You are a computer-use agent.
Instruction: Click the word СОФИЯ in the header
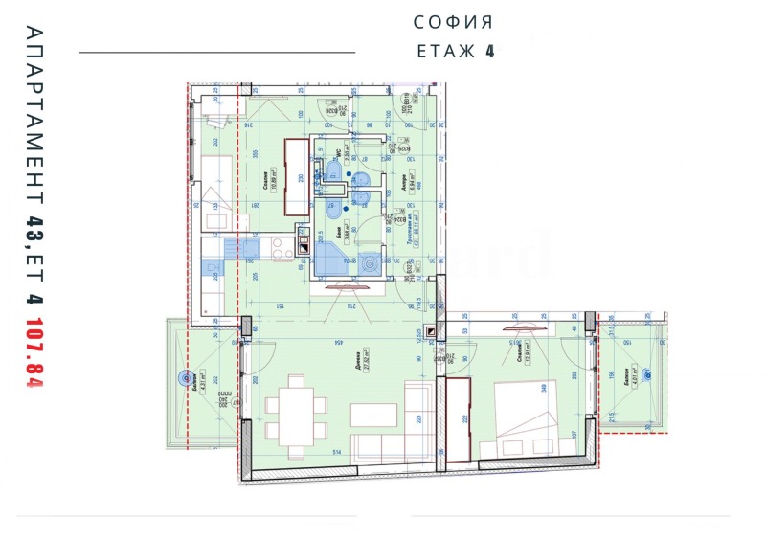coord(453,21)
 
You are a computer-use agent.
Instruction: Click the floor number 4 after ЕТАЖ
coord(489,52)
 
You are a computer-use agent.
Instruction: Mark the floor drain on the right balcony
coord(649,374)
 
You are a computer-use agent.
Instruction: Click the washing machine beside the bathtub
coord(368,260)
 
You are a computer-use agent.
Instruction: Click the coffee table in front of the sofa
coord(372,414)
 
